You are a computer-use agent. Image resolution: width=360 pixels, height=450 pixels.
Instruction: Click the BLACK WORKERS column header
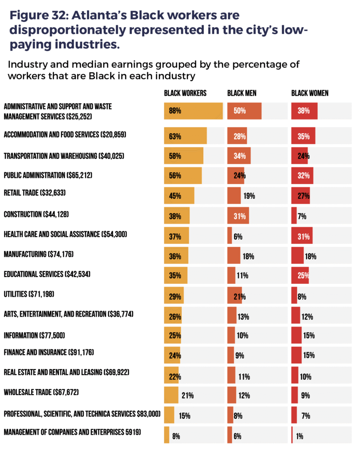coord(185,93)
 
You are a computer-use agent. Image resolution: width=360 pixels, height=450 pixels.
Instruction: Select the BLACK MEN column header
coord(242,93)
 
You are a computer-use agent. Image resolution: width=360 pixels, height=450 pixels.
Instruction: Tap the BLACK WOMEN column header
coord(310,93)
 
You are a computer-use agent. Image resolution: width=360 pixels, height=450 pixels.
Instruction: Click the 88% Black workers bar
coord(193,111)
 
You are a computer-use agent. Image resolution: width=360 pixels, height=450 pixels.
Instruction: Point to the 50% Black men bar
coord(244,111)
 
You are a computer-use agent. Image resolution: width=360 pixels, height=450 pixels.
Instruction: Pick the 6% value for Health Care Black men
coord(238,236)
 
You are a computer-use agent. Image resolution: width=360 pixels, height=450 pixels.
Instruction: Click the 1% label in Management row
coord(299,436)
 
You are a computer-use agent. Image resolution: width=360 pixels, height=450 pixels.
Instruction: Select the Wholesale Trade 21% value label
coord(188,396)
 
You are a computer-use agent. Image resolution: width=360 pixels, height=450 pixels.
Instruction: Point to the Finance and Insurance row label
coord(49,353)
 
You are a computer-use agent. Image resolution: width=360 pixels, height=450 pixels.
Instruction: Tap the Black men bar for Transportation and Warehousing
coord(239,156)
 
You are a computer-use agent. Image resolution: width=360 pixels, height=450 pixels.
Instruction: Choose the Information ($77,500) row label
coord(34,335)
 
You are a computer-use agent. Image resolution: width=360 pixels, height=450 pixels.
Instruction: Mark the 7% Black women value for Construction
coord(302,216)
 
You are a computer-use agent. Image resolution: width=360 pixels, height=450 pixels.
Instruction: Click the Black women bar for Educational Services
coord(300,276)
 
